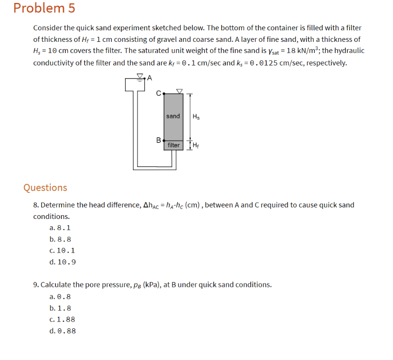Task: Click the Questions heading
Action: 45,187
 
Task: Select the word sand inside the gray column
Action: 173,116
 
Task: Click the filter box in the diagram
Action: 173,145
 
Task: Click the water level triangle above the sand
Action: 180,90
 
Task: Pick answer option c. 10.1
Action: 62,250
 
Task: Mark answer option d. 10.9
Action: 62,262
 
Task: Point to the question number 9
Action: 36,284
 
